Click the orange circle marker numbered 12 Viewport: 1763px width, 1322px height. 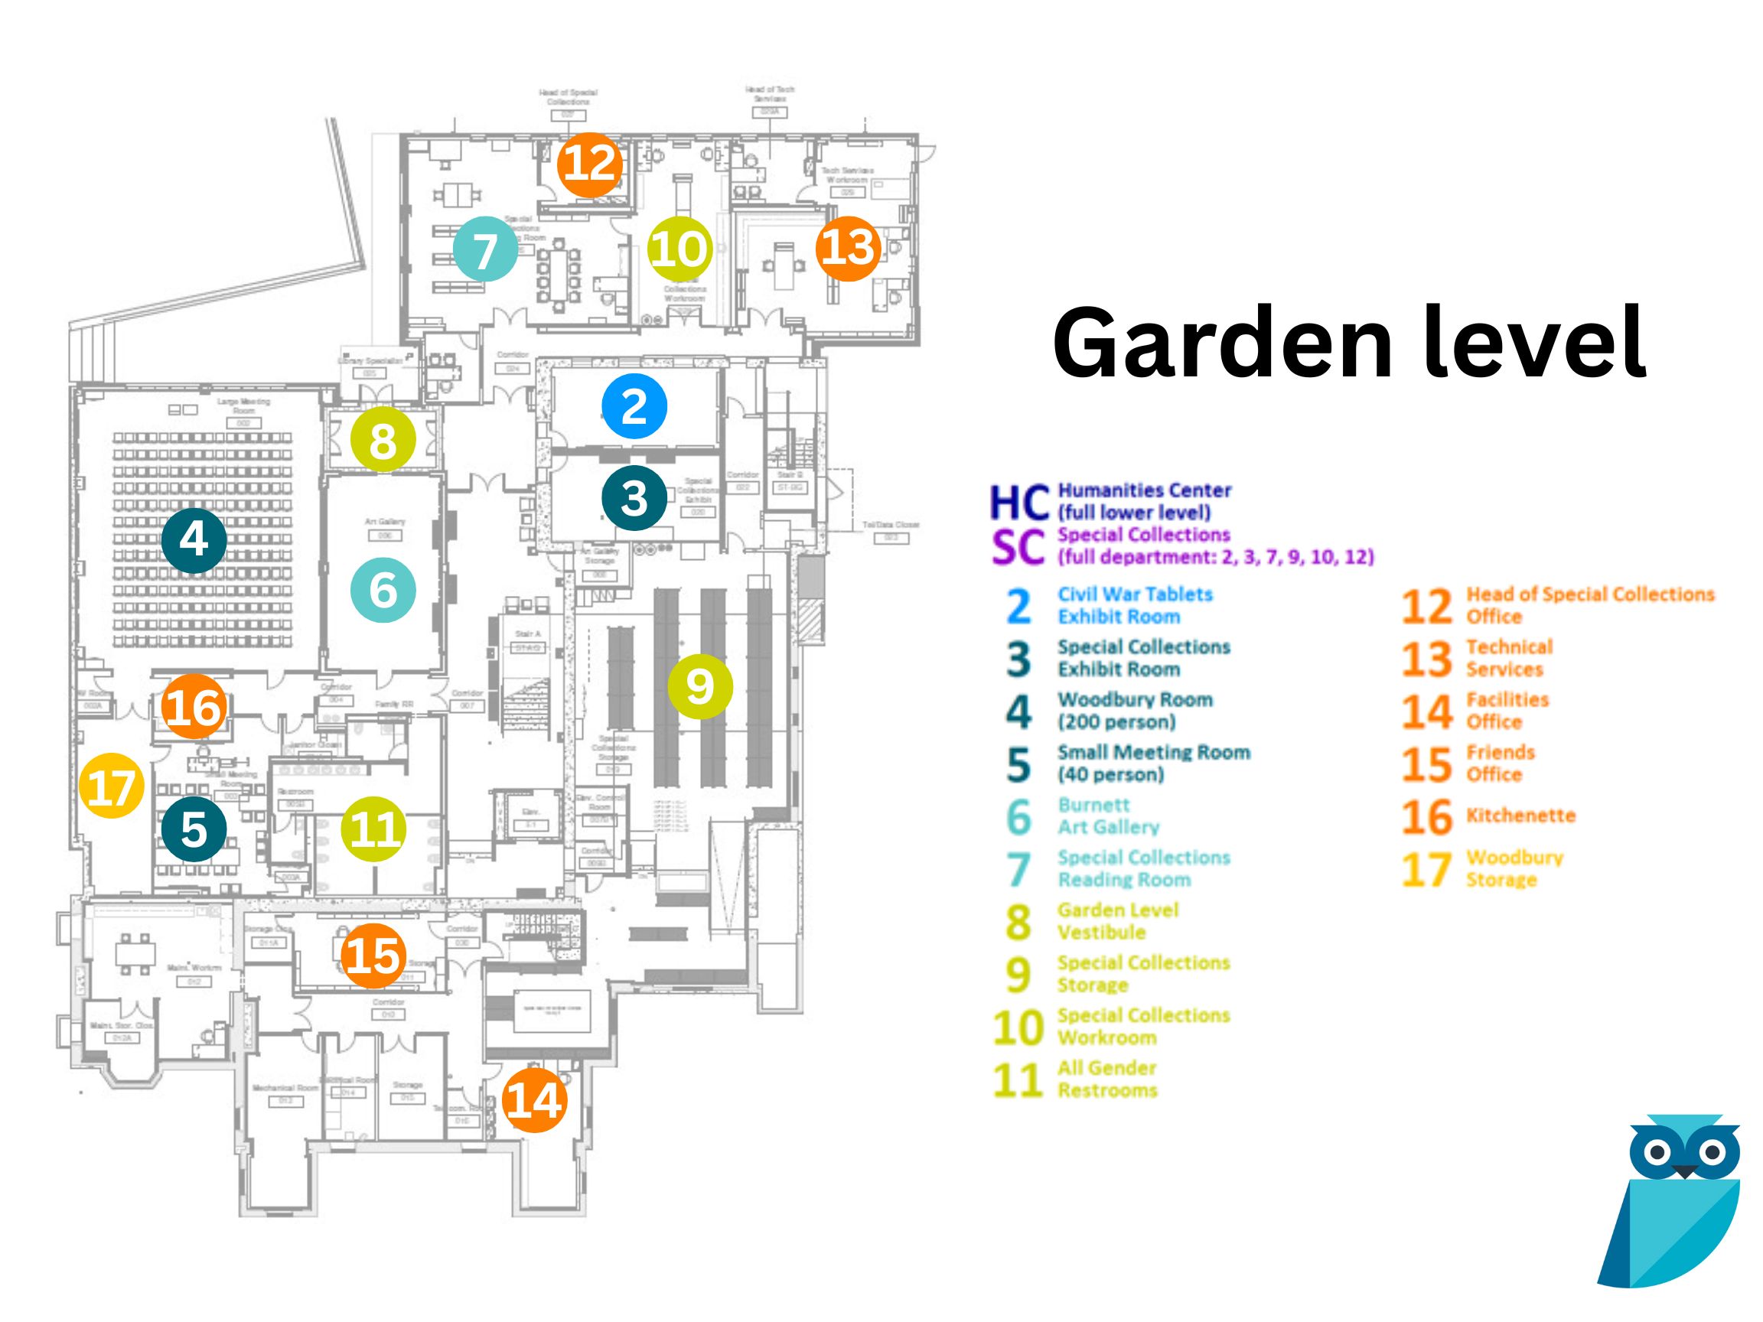(x=589, y=165)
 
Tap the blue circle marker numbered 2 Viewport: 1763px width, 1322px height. (x=634, y=406)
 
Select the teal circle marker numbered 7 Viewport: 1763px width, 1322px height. (x=485, y=249)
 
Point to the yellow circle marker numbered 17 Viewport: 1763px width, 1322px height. (x=112, y=786)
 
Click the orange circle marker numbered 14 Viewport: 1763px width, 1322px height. (x=534, y=1100)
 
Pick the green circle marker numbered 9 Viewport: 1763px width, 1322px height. (x=700, y=686)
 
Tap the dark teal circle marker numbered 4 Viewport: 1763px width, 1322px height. (x=194, y=540)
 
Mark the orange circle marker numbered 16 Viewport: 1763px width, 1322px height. (x=194, y=707)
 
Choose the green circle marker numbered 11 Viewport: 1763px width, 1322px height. (x=374, y=829)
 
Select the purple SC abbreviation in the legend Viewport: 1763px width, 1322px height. (x=1018, y=547)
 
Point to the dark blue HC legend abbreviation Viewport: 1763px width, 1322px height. (x=1018, y=502)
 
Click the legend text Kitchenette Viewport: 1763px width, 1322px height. (x=1520, y=816)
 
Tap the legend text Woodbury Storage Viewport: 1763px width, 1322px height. (x=1514, y=868)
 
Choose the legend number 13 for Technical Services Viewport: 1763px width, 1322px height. (x=1426, y=659)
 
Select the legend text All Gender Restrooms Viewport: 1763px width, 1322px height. (x=1107, y=1079)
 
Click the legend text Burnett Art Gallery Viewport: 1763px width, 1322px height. (x=1108, y=816)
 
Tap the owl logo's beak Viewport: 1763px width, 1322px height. (x=1685, y=1171)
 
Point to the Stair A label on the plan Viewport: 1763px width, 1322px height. (x=526, y=634)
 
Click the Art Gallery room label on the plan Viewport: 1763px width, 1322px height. (x=385, y=522)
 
